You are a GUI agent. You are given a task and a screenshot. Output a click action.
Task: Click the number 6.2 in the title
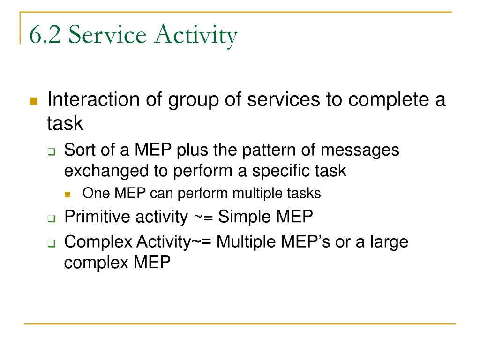[45, 34]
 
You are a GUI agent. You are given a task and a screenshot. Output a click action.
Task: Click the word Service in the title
[107, 34]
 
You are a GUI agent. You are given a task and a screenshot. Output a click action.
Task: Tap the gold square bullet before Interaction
[34, 101]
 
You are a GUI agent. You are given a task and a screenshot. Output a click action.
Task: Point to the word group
[194, 101]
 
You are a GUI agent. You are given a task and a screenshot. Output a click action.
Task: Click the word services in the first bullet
[283, 100]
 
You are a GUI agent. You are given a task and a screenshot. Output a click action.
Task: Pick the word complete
[389, 101]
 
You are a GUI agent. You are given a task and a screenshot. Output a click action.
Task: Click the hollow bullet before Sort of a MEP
[52, 151]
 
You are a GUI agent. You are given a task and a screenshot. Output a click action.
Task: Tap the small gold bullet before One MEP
[67, 195]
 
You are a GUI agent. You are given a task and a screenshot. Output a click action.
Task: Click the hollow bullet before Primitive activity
[52, 218]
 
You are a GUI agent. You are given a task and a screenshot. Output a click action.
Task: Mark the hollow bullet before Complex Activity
[52, 243]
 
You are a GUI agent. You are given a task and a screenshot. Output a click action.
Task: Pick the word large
[389, 243]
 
